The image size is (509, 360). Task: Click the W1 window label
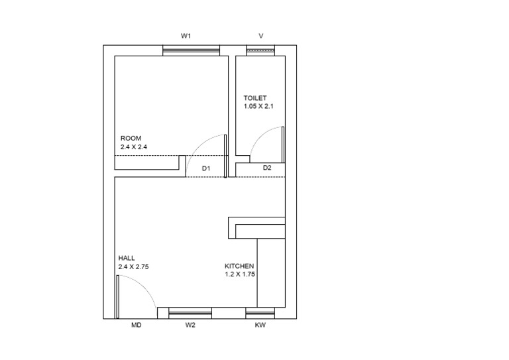click(186, 35)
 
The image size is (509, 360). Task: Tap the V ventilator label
click(260, 35)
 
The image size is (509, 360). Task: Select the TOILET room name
click(255, 97)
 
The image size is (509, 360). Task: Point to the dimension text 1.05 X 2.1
click(258, 106)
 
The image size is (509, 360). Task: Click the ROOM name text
click(131, 138)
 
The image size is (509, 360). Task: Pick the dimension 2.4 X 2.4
click(133, 147)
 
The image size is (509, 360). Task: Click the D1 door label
click(206, 169)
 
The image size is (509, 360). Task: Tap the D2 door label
click(267, 168)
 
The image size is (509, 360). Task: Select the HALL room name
click(127, 257)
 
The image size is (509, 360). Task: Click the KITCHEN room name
click(239, 265)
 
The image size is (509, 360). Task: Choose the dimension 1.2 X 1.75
click(240, 274)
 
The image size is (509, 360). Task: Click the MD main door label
click(136, 326)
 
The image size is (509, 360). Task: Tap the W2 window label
click(190, 326)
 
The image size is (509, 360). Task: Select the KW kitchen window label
click(260, 326)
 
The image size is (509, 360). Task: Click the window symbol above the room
click(192, 50)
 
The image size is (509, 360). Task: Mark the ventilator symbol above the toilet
click(260, 50)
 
